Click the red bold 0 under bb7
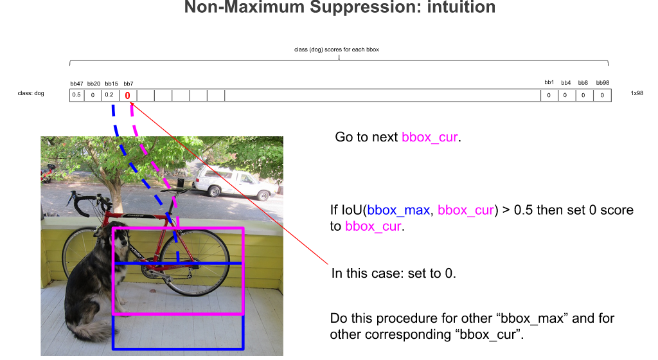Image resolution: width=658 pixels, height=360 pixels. [128, 95]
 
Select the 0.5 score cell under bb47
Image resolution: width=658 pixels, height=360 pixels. [76, 95]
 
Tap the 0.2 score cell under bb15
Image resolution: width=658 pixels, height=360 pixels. [110, 95]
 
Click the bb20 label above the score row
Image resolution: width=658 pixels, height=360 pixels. [94, 84]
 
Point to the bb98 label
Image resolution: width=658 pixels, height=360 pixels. [602, 83]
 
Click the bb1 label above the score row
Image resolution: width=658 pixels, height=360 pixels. [549, 83]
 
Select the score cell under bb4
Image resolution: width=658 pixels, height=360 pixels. [565, 95]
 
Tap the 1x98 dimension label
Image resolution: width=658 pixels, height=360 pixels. [637, 94]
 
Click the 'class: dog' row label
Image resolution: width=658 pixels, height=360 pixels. [30, 94]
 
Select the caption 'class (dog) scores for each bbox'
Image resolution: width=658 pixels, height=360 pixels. [339, 50]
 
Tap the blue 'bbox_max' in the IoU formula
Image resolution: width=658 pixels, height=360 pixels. [394, 211]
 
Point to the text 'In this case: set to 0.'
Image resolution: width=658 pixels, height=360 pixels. [393, 273]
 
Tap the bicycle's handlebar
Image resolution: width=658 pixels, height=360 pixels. [87, 204]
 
